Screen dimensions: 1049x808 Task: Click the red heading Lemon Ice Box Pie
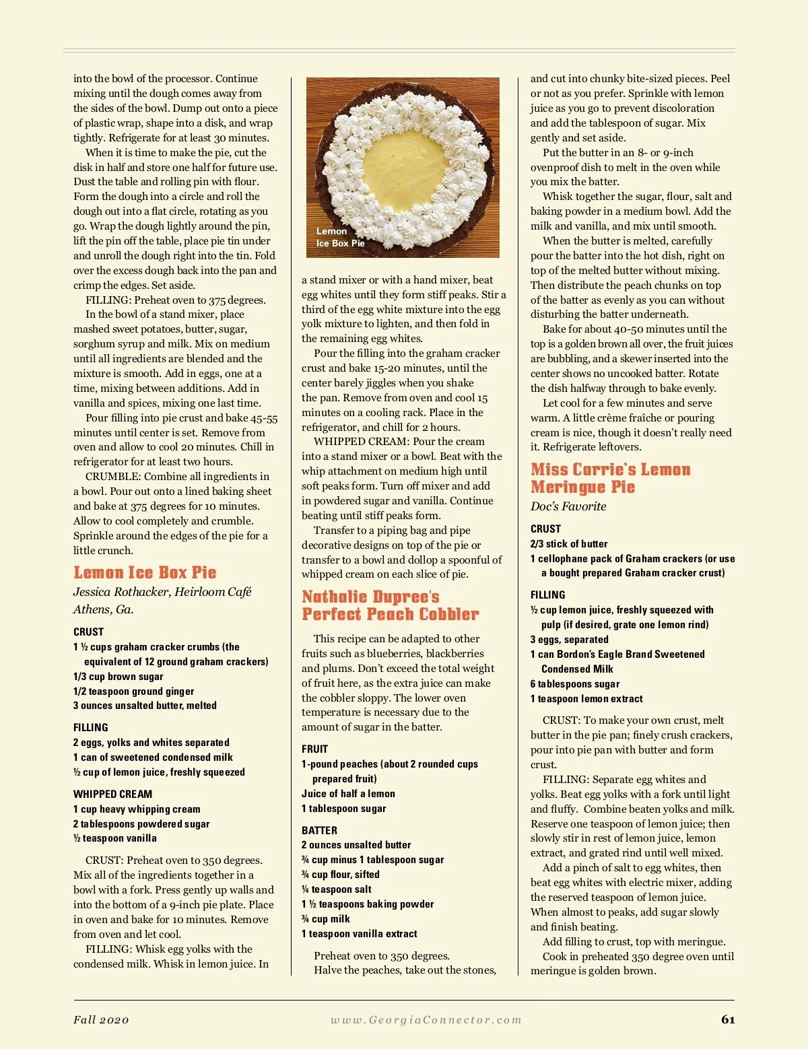coord(145,573)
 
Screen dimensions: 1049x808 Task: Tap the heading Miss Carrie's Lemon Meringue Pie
coord(610,478)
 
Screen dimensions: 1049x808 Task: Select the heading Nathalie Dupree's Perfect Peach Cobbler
coord(390,605)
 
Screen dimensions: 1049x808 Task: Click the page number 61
coord(728,1019)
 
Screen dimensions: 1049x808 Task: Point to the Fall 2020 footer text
coord(101,1019)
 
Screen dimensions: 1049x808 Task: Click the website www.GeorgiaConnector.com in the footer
coord(426,1019)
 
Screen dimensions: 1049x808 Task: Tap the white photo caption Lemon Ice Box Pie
coord(340,237)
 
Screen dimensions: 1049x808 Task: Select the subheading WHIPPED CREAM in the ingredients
coord(112,794)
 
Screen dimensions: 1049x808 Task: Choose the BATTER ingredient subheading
coord(319,830)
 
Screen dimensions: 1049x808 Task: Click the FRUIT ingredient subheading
coord(314,749)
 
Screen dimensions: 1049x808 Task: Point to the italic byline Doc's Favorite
coord(568,506)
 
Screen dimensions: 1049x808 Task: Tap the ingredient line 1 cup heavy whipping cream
coord(137,809)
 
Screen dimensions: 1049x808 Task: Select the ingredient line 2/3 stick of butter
coord(569,543)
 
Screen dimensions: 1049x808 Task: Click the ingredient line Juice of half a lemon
coord(348,794)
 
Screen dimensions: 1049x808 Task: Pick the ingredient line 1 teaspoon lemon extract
coord(586,698)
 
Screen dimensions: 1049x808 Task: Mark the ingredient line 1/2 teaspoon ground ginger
coord(133,691)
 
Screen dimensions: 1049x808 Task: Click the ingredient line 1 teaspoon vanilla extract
coord(359,933)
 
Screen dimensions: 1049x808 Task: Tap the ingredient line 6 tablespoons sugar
coord(574,683)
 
